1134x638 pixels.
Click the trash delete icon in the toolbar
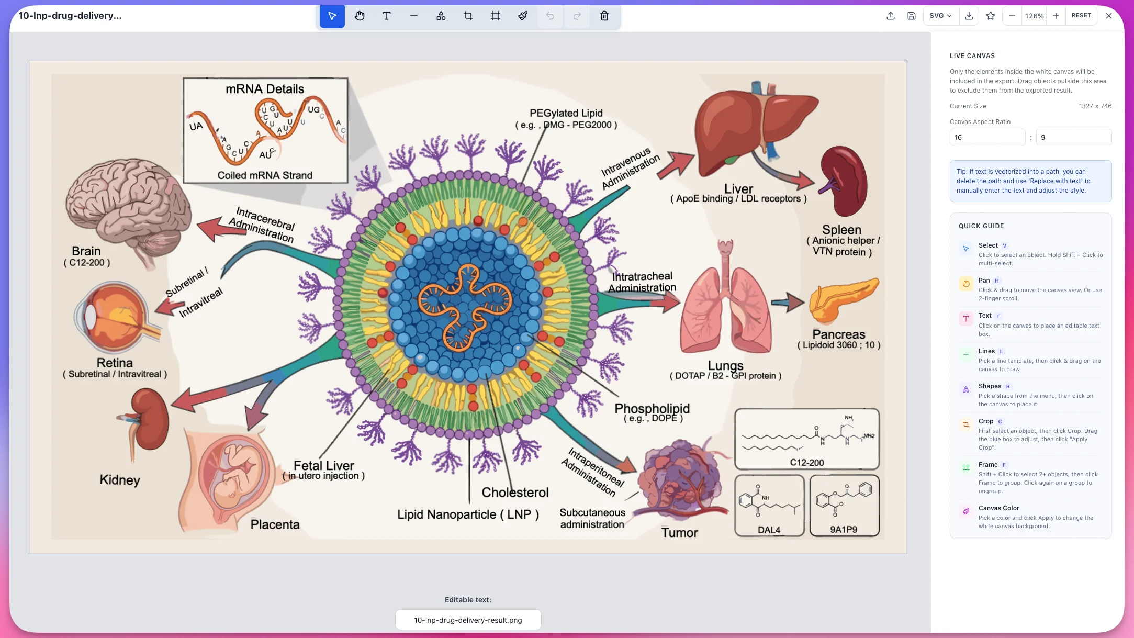coord(604,16)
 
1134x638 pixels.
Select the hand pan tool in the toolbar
coord(360,16)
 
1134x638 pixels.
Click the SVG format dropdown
coord(940,16)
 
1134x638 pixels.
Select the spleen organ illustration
coord(843,181)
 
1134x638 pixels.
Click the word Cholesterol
coord(515,493)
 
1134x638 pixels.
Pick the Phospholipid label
coord(652,409)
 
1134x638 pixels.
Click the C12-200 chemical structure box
coord(806,439)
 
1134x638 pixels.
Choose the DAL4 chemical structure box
coord(769,505)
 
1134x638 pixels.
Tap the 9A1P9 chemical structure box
coord(844,505)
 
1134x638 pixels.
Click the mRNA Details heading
coord(265,89)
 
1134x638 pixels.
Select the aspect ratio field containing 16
coord(986,137)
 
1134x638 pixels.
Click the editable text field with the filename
coord(468,620)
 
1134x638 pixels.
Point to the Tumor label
coord(679,533)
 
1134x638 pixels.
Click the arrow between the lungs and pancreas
coord(788,302)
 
